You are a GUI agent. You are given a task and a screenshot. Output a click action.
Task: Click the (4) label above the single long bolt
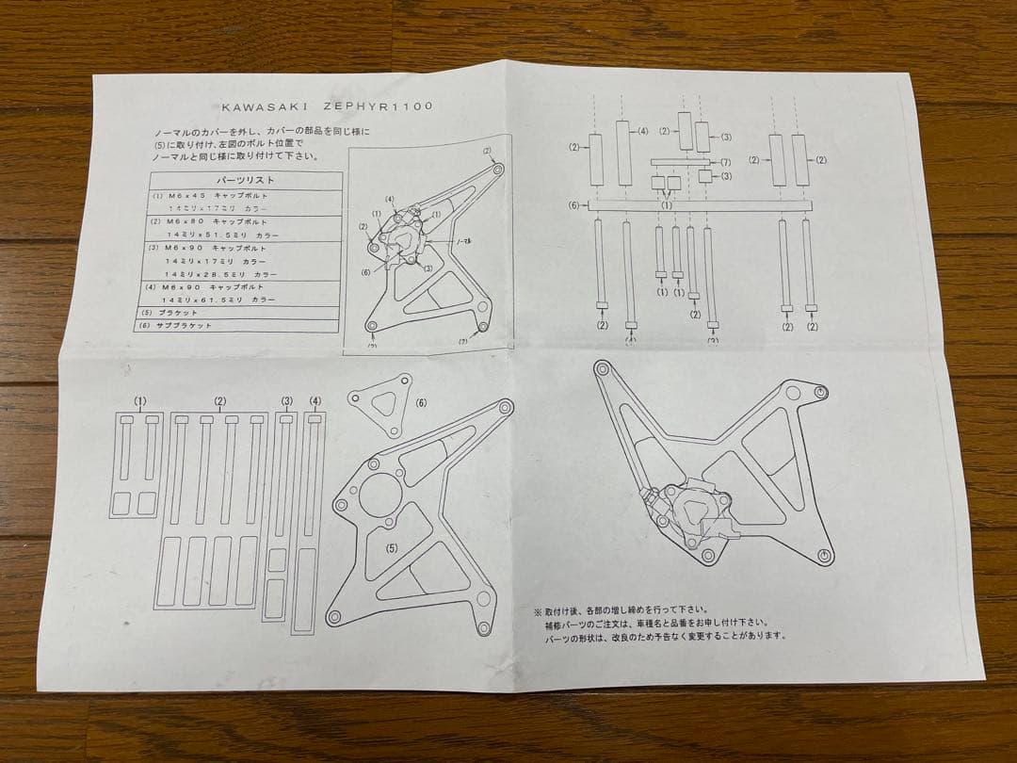(x=315, y=401)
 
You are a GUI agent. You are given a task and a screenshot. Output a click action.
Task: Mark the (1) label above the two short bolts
(x=140, y=401)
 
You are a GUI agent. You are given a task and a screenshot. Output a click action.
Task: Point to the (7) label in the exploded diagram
(x=725, y=162)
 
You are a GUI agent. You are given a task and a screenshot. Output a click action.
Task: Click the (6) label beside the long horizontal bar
(x=573, y=205)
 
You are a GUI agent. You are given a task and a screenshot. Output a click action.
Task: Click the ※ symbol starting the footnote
(x=538, y=609)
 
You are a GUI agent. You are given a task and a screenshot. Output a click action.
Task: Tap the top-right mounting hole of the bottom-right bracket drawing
(x=821, y=390)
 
